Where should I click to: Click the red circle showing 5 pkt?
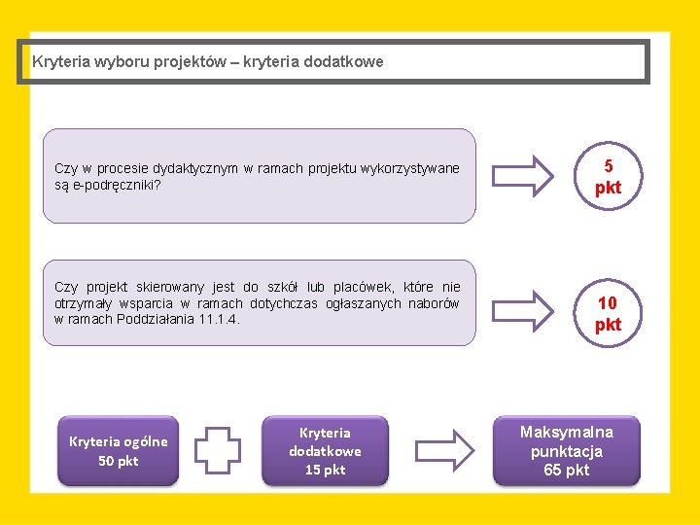608,176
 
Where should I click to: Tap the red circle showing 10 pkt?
608,313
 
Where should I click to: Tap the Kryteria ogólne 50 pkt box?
119,450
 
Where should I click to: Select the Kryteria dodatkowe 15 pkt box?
325,450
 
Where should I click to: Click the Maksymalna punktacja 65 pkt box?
567,450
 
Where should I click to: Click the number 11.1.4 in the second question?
217,319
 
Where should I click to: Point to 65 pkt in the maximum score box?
567,470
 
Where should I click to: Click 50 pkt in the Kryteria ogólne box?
119,461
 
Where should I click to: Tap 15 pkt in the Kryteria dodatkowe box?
325,470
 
